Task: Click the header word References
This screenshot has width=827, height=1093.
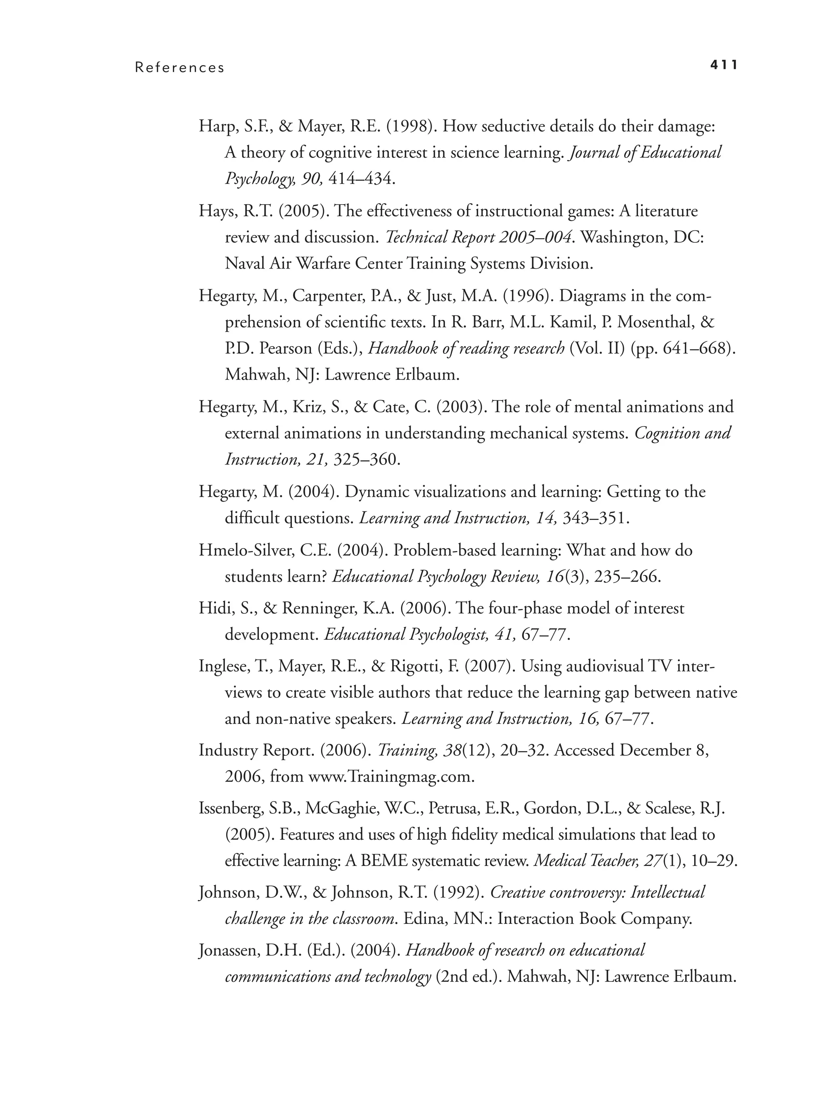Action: point(180,68)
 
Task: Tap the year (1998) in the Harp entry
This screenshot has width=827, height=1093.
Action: point(411,127)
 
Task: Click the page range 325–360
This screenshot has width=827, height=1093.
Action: point(365,460)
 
